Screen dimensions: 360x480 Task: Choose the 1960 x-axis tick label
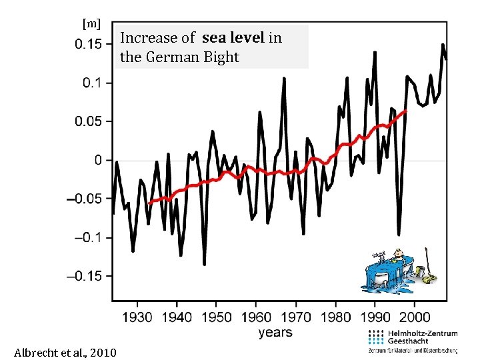pyautogui.click(x=257, y=317)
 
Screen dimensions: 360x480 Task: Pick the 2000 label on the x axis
pyautogui.click(x=414, y=317)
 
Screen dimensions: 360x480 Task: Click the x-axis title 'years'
pyautogui.click(x=275, y=332)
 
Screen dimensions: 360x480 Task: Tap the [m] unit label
pyautogui.click(x=91, y=25)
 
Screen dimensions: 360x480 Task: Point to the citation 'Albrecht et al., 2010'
pyautogui.click(x=65, y=352)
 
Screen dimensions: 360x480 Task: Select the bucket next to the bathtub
pyautogui.click(x=419, y=271)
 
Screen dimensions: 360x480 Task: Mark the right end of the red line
pyautogui.click(x=406, y=111)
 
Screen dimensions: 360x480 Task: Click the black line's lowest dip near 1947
pyautogui.click(x=204, y=264)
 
